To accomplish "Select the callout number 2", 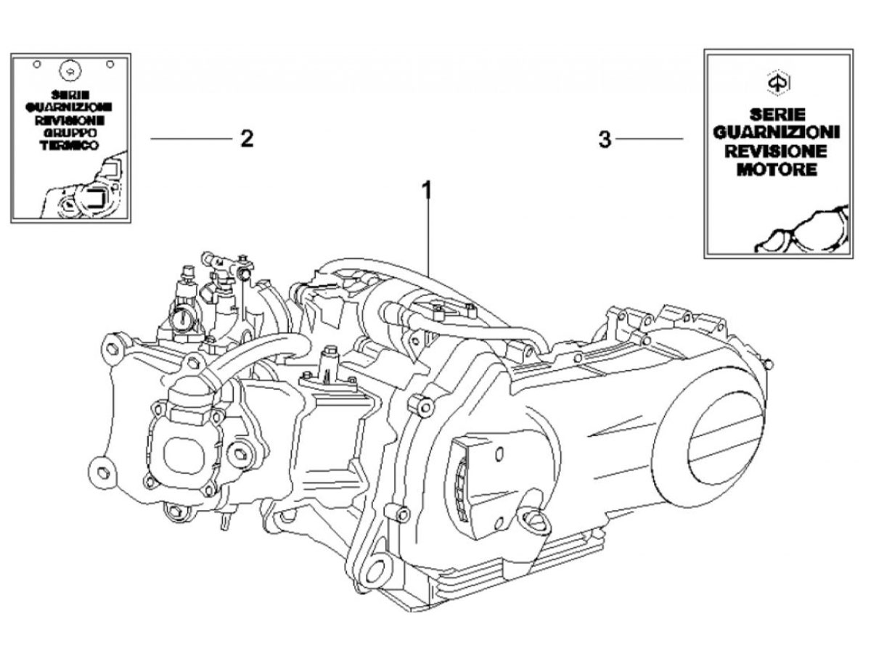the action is click(246, 139).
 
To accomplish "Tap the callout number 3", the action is click(605, 139).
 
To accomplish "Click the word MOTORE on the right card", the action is click(777, 170).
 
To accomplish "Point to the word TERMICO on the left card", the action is click(70, 146).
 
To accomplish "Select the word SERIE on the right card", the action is click(777, 115).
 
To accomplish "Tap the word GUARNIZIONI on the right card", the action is click(776, 133).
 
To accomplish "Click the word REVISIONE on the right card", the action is click(776, 151).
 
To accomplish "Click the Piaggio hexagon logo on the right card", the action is click(778, 83).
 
